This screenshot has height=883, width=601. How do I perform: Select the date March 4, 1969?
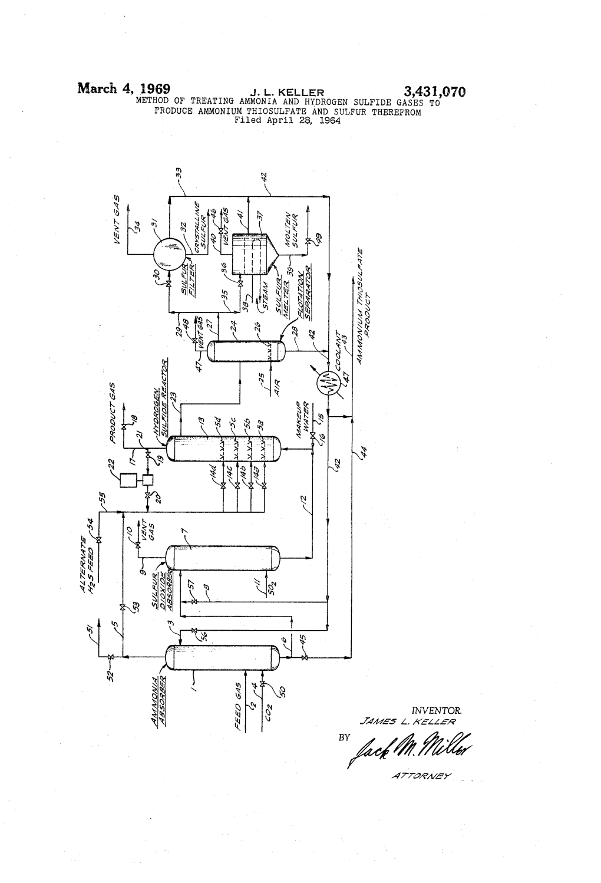[124, 90]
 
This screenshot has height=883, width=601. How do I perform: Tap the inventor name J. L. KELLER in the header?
[288, 93]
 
